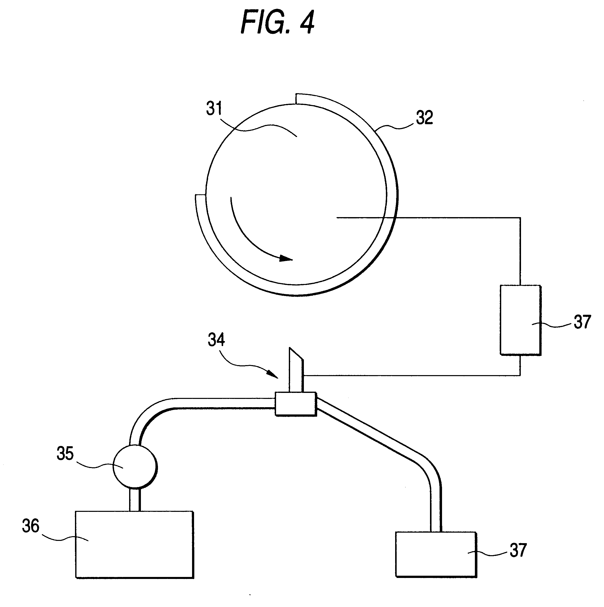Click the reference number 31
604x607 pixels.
click(214, 109)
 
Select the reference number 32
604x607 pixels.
click(424, 117)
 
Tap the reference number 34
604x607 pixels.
click(216, 340)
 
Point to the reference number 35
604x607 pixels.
click(65, 453)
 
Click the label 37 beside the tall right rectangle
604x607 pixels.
click(582, 322)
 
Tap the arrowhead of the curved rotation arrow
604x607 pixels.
click(286, 258)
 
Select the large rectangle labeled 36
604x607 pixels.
click(134, 544)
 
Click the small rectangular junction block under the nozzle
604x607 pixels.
click(295, 404)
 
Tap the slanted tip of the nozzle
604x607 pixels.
click(296, 354)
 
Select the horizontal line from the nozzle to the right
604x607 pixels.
click(409, 375)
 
